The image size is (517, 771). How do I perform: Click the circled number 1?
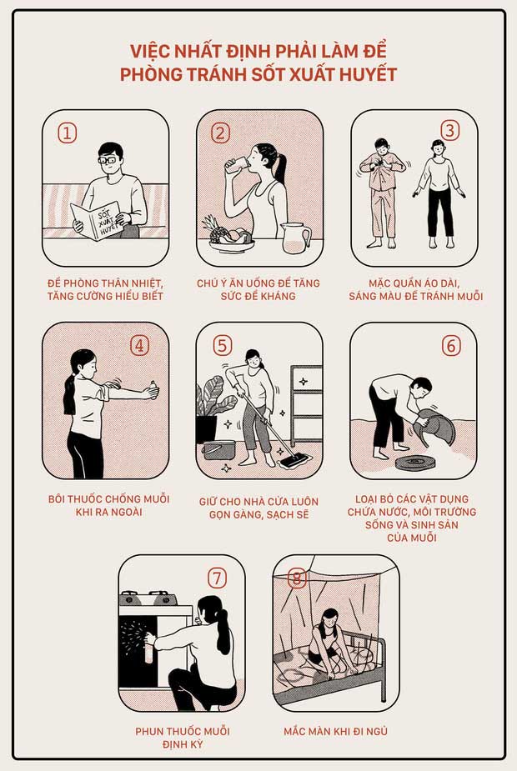(x=67, y=133)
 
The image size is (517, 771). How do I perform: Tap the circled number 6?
(x=450, y=346)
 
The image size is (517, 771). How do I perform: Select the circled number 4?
(x=139, y=346)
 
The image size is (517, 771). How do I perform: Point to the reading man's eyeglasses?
(x=108, y=160)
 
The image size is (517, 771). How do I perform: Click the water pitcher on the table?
(x=295, y=238)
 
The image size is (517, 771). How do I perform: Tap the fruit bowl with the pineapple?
(x=229, y=236)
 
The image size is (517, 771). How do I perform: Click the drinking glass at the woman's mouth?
(x=237, y=164)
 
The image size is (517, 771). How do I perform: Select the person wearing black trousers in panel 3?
(x=439, y=193)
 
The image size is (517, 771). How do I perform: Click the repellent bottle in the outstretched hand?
(x=153, y=390)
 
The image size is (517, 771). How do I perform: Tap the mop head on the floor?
(x=294, y=461)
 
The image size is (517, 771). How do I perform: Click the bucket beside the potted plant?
(x=219, y=449)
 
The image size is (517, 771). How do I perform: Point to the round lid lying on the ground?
(x=417, y=463)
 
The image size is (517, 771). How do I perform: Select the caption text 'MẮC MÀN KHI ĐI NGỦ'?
(x=335, y=731)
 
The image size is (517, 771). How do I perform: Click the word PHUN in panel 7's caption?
(x=148, y=731)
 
